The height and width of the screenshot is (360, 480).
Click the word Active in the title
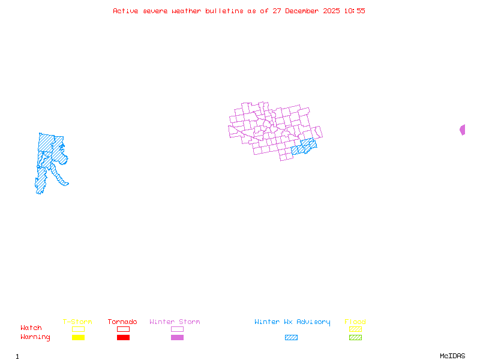[126, 11]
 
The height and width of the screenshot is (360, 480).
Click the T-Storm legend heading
[77, 322]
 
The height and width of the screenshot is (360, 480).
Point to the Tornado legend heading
[122, 322]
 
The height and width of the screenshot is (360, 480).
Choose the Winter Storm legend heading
[175, 322]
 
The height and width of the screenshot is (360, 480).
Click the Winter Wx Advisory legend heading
[292, 322]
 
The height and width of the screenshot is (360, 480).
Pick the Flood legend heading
[355, 322]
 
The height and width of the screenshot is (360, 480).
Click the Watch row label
[31, 328]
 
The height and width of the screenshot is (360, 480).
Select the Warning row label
[35, 337]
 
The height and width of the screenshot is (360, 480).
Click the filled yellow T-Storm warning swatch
[78, 338]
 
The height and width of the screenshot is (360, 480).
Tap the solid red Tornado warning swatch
[123, 338]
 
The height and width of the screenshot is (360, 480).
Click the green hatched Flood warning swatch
[355, 338]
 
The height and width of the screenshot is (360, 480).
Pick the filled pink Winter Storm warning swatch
[177, 338]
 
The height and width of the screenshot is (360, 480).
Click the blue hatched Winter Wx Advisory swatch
[291, 338]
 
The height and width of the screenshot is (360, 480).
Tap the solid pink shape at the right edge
[463, 130]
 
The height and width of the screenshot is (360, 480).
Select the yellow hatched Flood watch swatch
[355, 329]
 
